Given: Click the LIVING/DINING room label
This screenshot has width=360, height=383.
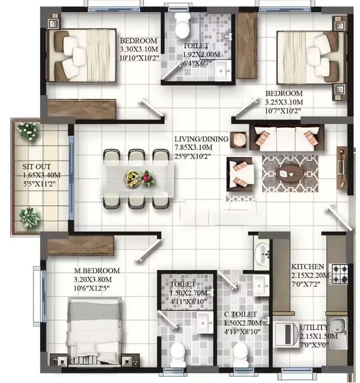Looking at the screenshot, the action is (x=201, y=139).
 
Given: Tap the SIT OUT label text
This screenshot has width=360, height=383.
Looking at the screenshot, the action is (x=37, y=167).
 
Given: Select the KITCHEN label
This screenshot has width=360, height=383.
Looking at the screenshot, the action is (x=307, y=267).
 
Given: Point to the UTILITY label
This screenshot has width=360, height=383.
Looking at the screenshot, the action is (x=314, y=327).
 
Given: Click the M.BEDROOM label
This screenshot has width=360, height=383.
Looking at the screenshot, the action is (x=97, y=270).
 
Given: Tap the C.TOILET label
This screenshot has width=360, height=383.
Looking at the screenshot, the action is (x=240, y=314).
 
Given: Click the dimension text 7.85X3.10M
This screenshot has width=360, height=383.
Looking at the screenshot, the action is (x=194, y=148).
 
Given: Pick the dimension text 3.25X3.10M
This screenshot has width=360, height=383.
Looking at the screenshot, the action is (x=284, y=102).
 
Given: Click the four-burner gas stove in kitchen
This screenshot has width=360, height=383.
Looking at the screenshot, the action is (x=339, y=274).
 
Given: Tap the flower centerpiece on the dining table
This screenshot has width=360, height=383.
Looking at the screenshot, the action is (x=139, y=179).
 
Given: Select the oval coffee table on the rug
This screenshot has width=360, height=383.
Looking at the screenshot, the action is (x=290, y=174).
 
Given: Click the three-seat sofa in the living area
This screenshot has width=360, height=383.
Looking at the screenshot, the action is (x=287, y=137).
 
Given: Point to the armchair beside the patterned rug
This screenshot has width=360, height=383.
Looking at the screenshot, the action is (x=240, y=174).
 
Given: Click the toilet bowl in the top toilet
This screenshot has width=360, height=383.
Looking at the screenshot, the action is (x=182, y=26).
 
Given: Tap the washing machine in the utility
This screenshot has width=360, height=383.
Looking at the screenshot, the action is (x=286, y=334).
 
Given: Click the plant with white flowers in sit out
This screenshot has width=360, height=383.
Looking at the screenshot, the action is (x=28, y=131).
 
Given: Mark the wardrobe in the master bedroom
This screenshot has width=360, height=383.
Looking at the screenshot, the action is (x=81, y=245).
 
